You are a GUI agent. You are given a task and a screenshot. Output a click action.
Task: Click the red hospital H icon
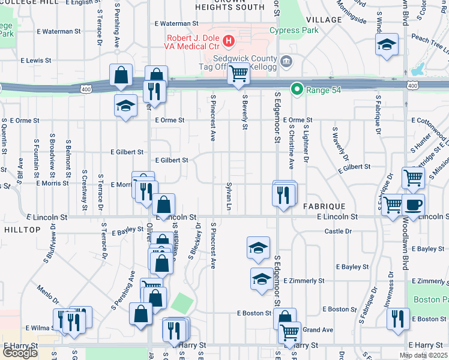228,41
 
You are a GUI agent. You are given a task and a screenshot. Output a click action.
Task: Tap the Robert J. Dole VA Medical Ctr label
190,41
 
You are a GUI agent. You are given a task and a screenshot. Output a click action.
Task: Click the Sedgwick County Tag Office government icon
286,59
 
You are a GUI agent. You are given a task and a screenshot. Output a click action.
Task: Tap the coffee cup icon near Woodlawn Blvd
413,204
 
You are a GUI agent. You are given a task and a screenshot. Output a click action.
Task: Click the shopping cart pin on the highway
239,74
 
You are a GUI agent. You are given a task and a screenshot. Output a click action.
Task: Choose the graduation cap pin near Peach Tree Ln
387,44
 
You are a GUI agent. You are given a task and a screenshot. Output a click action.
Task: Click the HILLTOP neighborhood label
21,229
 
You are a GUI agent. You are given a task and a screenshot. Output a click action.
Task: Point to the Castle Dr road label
337,231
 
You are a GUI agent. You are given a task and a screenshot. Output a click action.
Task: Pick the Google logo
20,353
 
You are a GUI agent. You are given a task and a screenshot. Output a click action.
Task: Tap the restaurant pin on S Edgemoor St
284,194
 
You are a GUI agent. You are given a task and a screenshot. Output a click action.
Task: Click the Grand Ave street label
318,329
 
